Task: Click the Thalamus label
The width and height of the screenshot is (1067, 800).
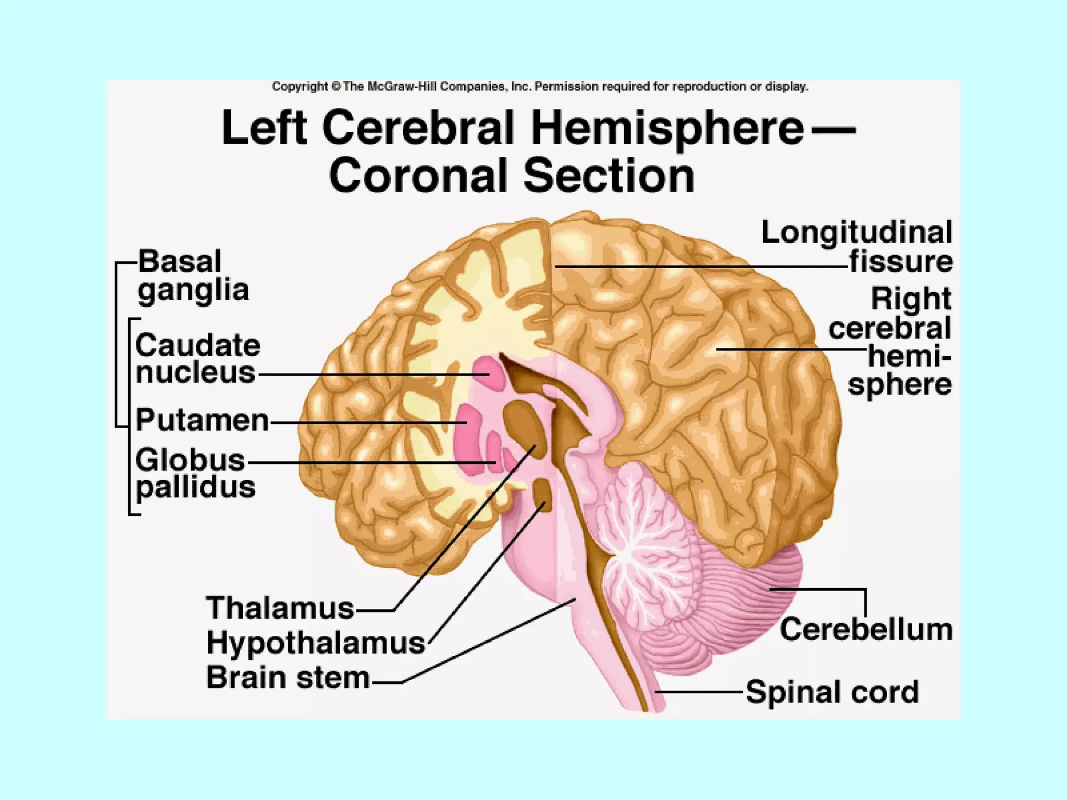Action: [x=280, y=608]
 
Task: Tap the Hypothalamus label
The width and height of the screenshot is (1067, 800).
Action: [x=316, y=643]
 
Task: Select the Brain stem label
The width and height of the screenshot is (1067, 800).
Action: [x=288, y=678]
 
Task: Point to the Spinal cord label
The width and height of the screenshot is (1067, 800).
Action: [x=832, y=692]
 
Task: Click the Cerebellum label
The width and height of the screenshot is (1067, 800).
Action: [x=866, y=630]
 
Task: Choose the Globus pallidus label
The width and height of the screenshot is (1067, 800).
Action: [x=195, y=473]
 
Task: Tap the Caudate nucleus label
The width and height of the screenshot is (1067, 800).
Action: [x=197, y=359]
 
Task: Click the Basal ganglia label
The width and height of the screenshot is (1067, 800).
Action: [x=193, y=276]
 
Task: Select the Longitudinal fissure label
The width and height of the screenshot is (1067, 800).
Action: [x=857, y=246]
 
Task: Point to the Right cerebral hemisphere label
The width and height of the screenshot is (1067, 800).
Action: [x=899, y=342]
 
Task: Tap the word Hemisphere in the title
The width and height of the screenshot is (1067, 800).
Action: [x=667, y=128]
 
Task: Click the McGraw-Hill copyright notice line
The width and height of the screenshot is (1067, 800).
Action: [x=540, y=86]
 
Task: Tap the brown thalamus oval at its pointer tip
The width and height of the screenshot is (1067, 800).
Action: [x=523, y=424]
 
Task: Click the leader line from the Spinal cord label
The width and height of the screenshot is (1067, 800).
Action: [x=698, y=692]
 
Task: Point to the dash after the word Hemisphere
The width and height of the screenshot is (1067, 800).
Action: [x=834, y=129]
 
